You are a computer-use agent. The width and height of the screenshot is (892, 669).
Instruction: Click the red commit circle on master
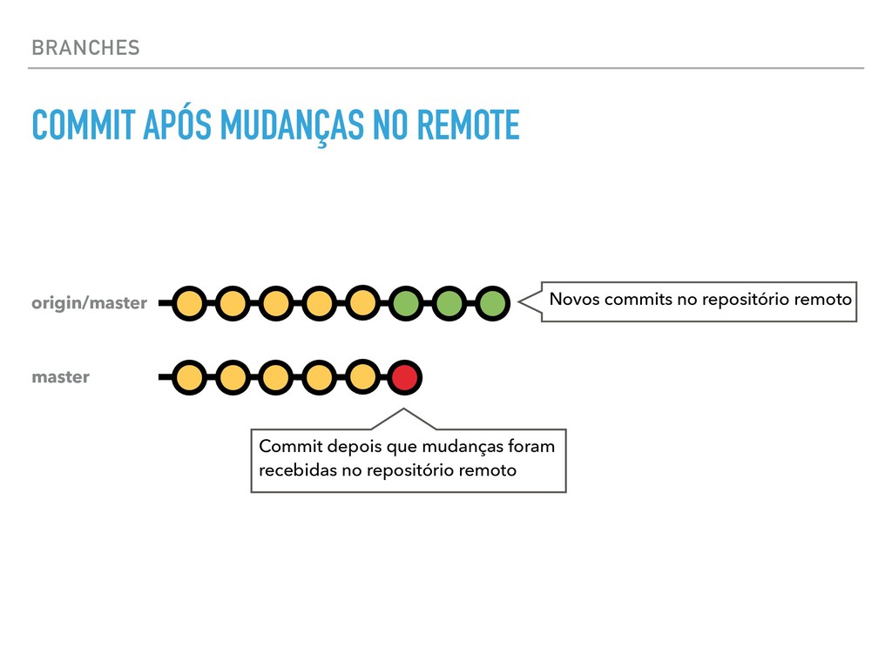coord(404,377)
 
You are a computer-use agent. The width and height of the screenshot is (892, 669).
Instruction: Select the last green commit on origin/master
coord(491,303)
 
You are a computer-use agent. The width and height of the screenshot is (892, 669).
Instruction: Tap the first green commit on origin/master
coord(405,303)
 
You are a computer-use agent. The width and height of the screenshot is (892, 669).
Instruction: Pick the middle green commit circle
coord(448,303)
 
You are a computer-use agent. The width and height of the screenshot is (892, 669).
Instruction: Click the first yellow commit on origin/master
coord(189,303)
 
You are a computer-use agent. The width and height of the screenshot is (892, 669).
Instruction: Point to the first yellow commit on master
coord(189,377)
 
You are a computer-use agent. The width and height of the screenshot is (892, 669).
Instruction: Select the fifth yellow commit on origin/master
coord(362,303)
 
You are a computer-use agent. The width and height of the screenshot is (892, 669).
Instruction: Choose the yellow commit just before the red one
coord(362,377)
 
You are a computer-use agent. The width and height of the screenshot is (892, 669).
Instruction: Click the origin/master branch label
coord(89,303)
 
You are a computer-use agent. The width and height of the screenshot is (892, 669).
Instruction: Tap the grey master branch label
coord(60,377)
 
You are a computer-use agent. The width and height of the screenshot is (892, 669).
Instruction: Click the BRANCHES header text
coord(84,48)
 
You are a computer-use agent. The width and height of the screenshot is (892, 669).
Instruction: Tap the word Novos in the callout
coord(573,300)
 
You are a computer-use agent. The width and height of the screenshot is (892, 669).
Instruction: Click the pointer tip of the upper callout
coord(521,302)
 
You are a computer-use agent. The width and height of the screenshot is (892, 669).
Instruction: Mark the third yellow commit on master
coord(275,377)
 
